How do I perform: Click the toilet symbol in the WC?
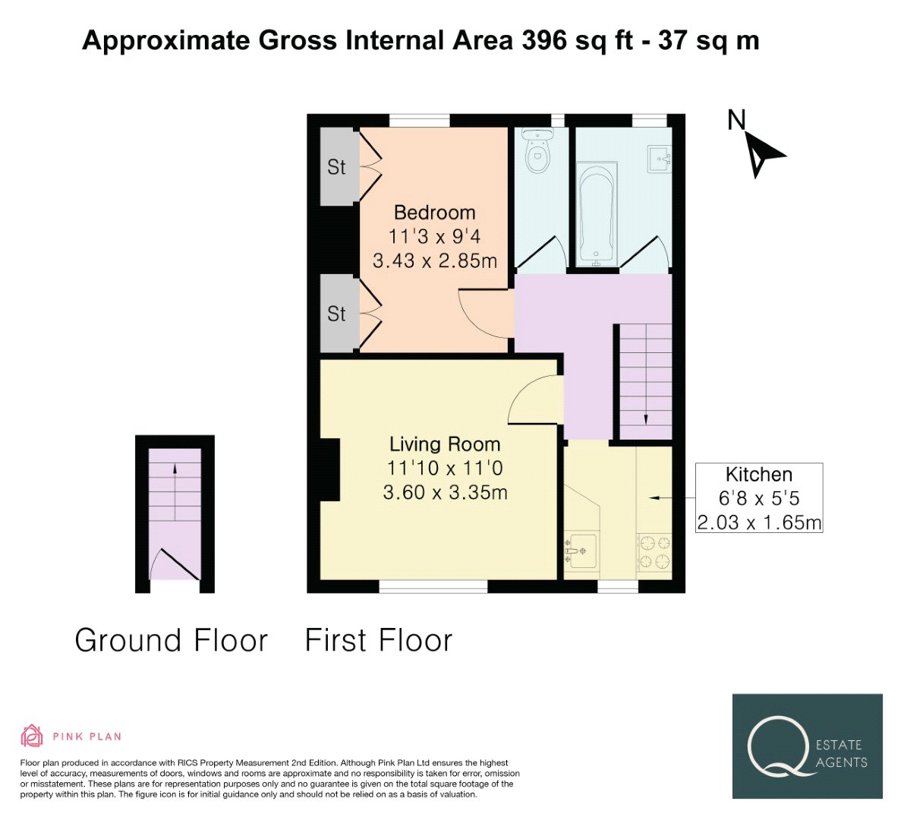pyautogui.click(x=537, y=150)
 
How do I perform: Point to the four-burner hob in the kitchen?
pyautogui.click(x=654, y=552)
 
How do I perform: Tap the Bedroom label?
pyautogui.click(x=435, y=213)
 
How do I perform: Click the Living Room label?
pyautogui.click(x=445, y=444)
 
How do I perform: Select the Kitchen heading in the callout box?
pyautogui.click(x=759, y=475)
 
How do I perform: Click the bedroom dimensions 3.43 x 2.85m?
pyautogui.click(x=435, y=260)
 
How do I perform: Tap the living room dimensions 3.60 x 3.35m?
pyautogui.click(x=445, y=493)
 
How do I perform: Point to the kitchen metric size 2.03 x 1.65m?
pyautogui.click(x=759, y=522)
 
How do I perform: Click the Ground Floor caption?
pyautogui.click(x=172, y=641)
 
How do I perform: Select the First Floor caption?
pyautogui.click(x=379, y=641)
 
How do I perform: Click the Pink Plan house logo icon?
pyautogui.click(x=32, y=736)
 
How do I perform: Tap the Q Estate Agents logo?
pyautogui.click(x=807, y=746)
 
